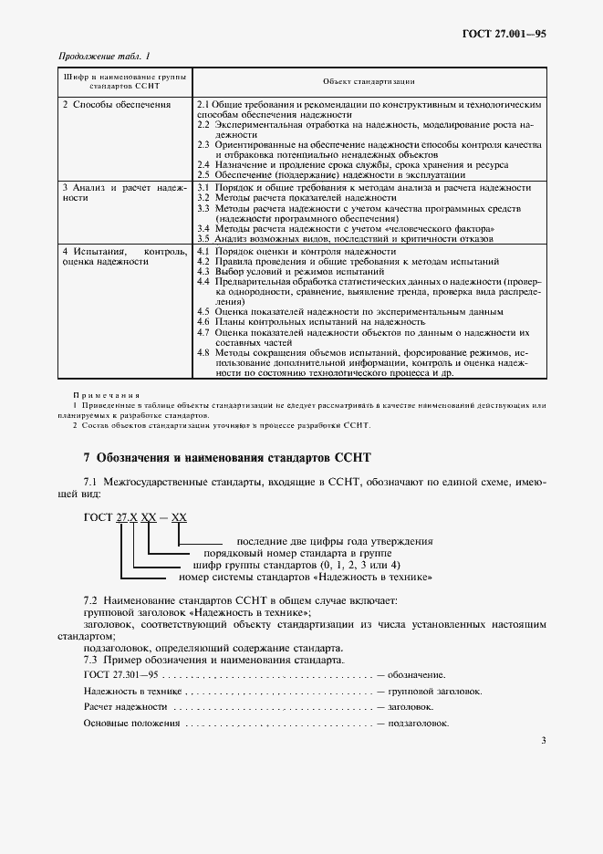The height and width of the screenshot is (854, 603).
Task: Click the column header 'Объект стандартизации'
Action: coord(369,81)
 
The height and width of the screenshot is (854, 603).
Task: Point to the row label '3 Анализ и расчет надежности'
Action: coord(123,192)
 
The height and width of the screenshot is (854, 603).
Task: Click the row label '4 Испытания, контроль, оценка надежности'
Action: coord(123,255)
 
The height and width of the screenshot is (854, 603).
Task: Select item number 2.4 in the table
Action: coord(204,164)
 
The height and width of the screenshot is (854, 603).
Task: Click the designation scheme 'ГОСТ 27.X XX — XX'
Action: coord(135,516)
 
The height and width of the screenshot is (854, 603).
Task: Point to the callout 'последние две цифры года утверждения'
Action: coord(334,542)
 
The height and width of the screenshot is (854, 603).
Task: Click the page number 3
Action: coord(543,740)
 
